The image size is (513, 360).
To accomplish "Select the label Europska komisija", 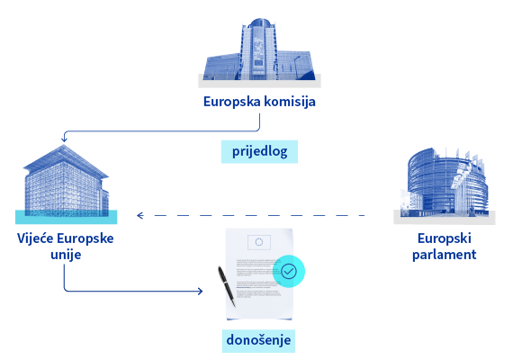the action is [259, 102].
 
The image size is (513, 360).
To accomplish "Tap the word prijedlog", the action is [260, 152].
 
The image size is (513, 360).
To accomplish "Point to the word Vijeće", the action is [35, 238].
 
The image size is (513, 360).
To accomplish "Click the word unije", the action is [66, 255].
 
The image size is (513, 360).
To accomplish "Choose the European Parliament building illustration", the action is [445, 184].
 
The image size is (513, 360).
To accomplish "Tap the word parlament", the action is [445, 255].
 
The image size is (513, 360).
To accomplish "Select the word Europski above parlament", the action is [445, 238].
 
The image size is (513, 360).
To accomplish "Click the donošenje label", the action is [258, 340].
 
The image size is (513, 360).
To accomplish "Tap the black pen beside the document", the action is [227, 287].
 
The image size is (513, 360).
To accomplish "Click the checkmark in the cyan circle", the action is [289, 271].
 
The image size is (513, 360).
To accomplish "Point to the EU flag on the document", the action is [259, 242].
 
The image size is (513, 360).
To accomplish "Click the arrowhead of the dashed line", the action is [140, 215].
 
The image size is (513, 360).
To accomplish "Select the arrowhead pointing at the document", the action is [200, 291].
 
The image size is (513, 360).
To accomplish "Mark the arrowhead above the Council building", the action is [64, 139].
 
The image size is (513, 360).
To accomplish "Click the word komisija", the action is [290, 102].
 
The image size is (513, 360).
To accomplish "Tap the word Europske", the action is [85, 238].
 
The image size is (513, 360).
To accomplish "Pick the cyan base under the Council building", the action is [66, 217].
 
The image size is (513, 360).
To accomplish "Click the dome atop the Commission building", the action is [260, 22].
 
